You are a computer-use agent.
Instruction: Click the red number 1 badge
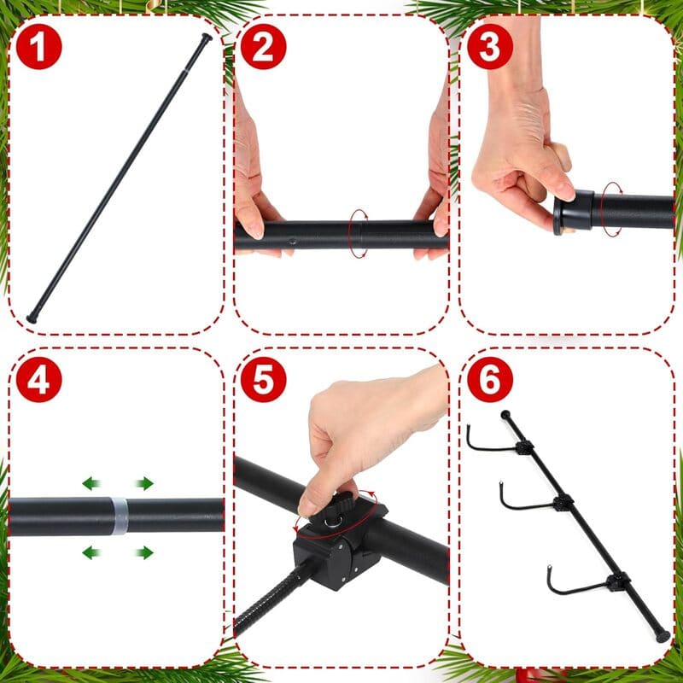tap(39, 48)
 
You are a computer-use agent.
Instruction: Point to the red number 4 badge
tap(39, 381)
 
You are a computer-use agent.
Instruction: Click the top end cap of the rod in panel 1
tap(206, 38)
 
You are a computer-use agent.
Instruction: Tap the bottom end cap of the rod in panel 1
tap(32, 317)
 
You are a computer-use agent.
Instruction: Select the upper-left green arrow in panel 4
tap(91, 484)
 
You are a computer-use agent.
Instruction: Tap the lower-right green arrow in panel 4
tap(144, 553)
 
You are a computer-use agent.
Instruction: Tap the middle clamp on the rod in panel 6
tap(562, 502)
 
